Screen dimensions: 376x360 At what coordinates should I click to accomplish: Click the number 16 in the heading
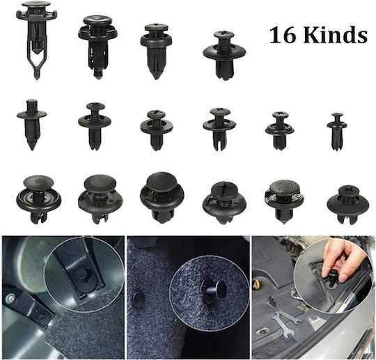click(x=281, y=35)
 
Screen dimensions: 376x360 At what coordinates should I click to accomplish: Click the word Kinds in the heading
click(x=334, y=35)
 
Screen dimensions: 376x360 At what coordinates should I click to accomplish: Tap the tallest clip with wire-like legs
click(x=37, y=40)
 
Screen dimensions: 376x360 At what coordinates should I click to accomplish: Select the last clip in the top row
click(x=225, y=56)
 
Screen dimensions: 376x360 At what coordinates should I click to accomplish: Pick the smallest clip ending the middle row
click(x=337, y=132)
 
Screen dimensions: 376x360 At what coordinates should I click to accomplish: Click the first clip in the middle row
click(x=32, y=125)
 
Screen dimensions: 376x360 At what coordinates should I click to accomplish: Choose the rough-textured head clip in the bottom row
click(x=284, y=201)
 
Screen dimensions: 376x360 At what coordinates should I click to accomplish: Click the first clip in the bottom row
click(x=38, y=199)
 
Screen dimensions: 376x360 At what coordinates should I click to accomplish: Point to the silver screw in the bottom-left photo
click(x=10, y=298)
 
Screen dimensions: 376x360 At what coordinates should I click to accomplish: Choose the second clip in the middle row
click(x=95, y=127)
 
